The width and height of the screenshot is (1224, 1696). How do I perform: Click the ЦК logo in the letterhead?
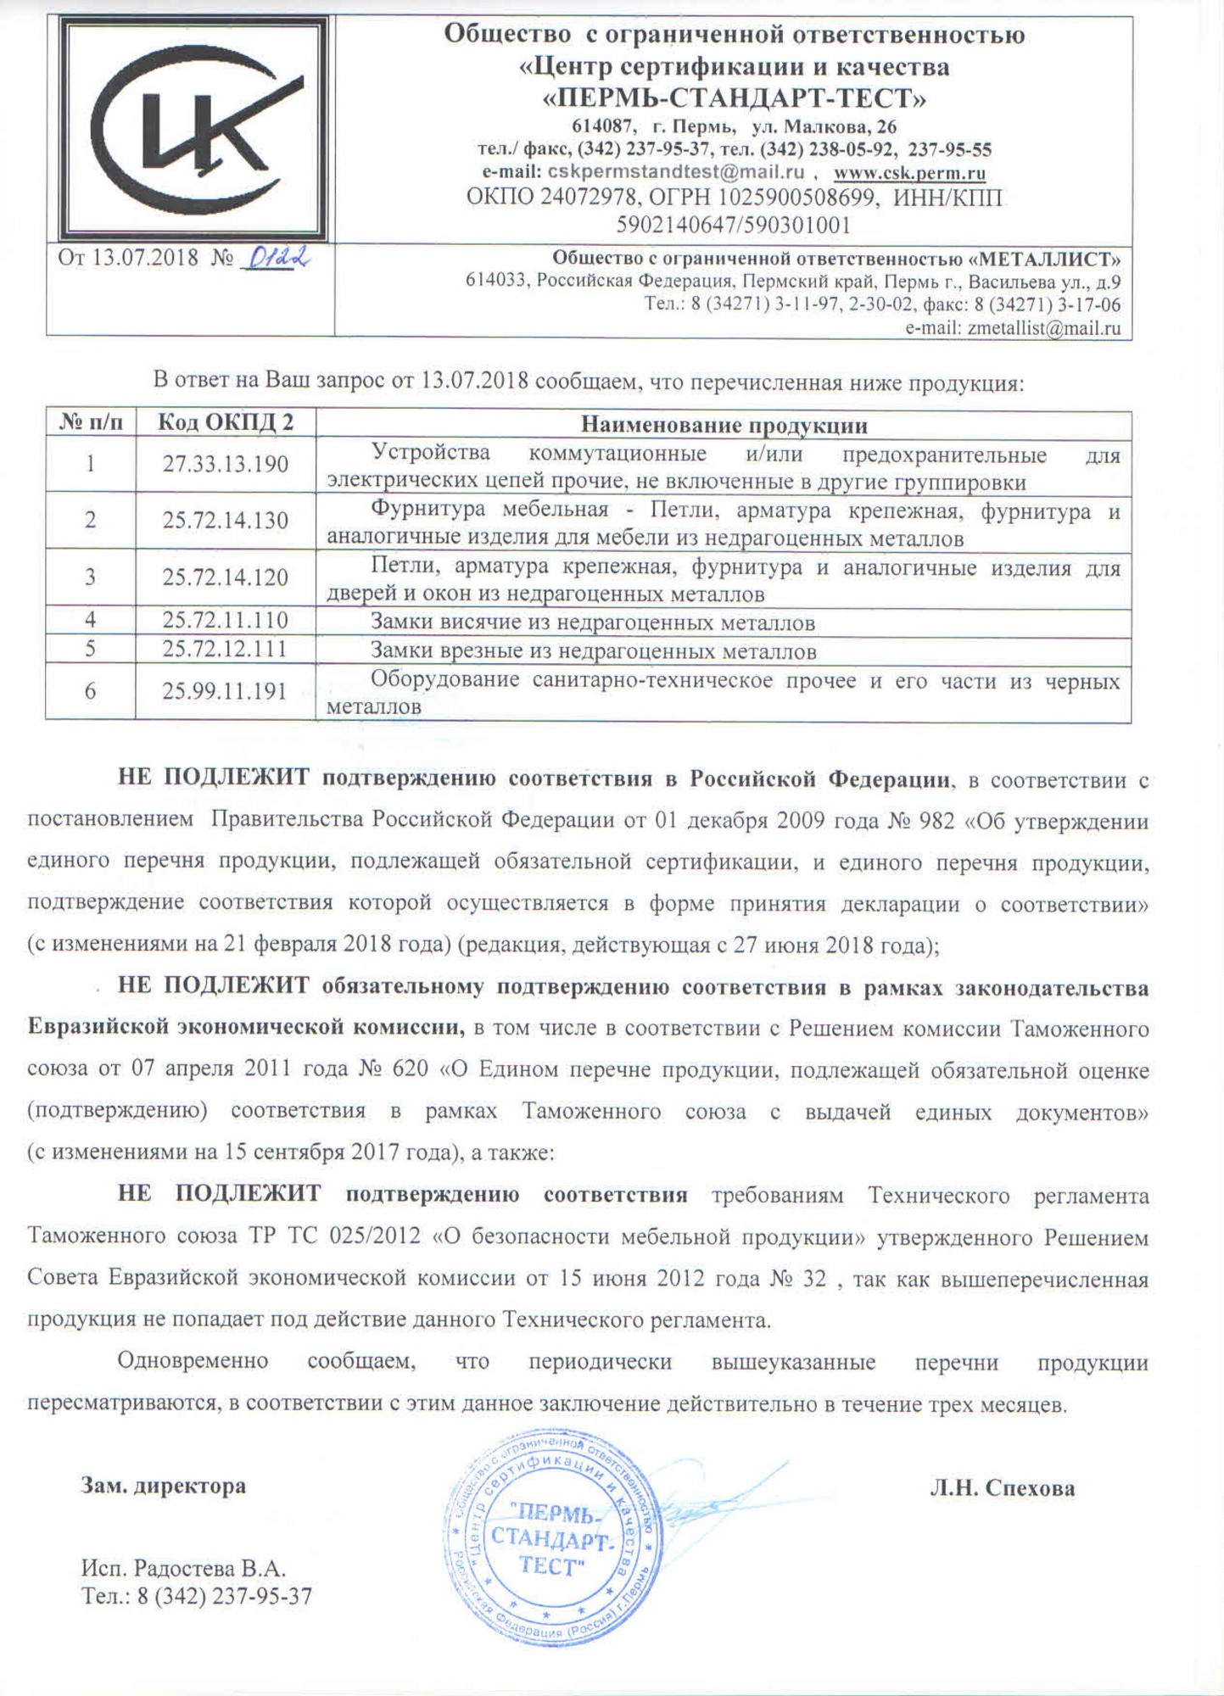tap(193, 129)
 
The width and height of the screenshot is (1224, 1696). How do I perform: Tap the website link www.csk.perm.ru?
tap(909, 173)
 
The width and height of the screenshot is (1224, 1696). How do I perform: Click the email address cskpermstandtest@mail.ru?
tap(675, 172)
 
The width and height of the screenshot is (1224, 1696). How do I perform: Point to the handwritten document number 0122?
tap(275, 257)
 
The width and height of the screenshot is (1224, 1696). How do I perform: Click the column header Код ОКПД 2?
tap(226, 422)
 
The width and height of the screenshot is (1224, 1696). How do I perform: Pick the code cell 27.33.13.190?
tap(226, 465)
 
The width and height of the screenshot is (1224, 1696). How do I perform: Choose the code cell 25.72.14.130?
tap(226, 521)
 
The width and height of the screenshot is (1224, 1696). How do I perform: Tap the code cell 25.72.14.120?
tap(226, 577)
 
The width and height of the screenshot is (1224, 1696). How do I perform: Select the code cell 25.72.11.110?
tap(226, 621)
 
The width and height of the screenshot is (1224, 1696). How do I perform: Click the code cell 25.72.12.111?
tap(226, 650)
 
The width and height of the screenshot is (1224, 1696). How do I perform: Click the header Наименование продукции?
tap(724, 424)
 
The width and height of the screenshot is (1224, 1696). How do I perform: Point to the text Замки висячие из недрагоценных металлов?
tap(593, 623)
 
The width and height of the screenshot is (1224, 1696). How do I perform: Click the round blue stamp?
tap(552, 1536)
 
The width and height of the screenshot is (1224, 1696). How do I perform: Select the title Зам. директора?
tap(164, 1486)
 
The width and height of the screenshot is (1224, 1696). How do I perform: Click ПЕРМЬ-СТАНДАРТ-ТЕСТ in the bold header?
tap(734, 99)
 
